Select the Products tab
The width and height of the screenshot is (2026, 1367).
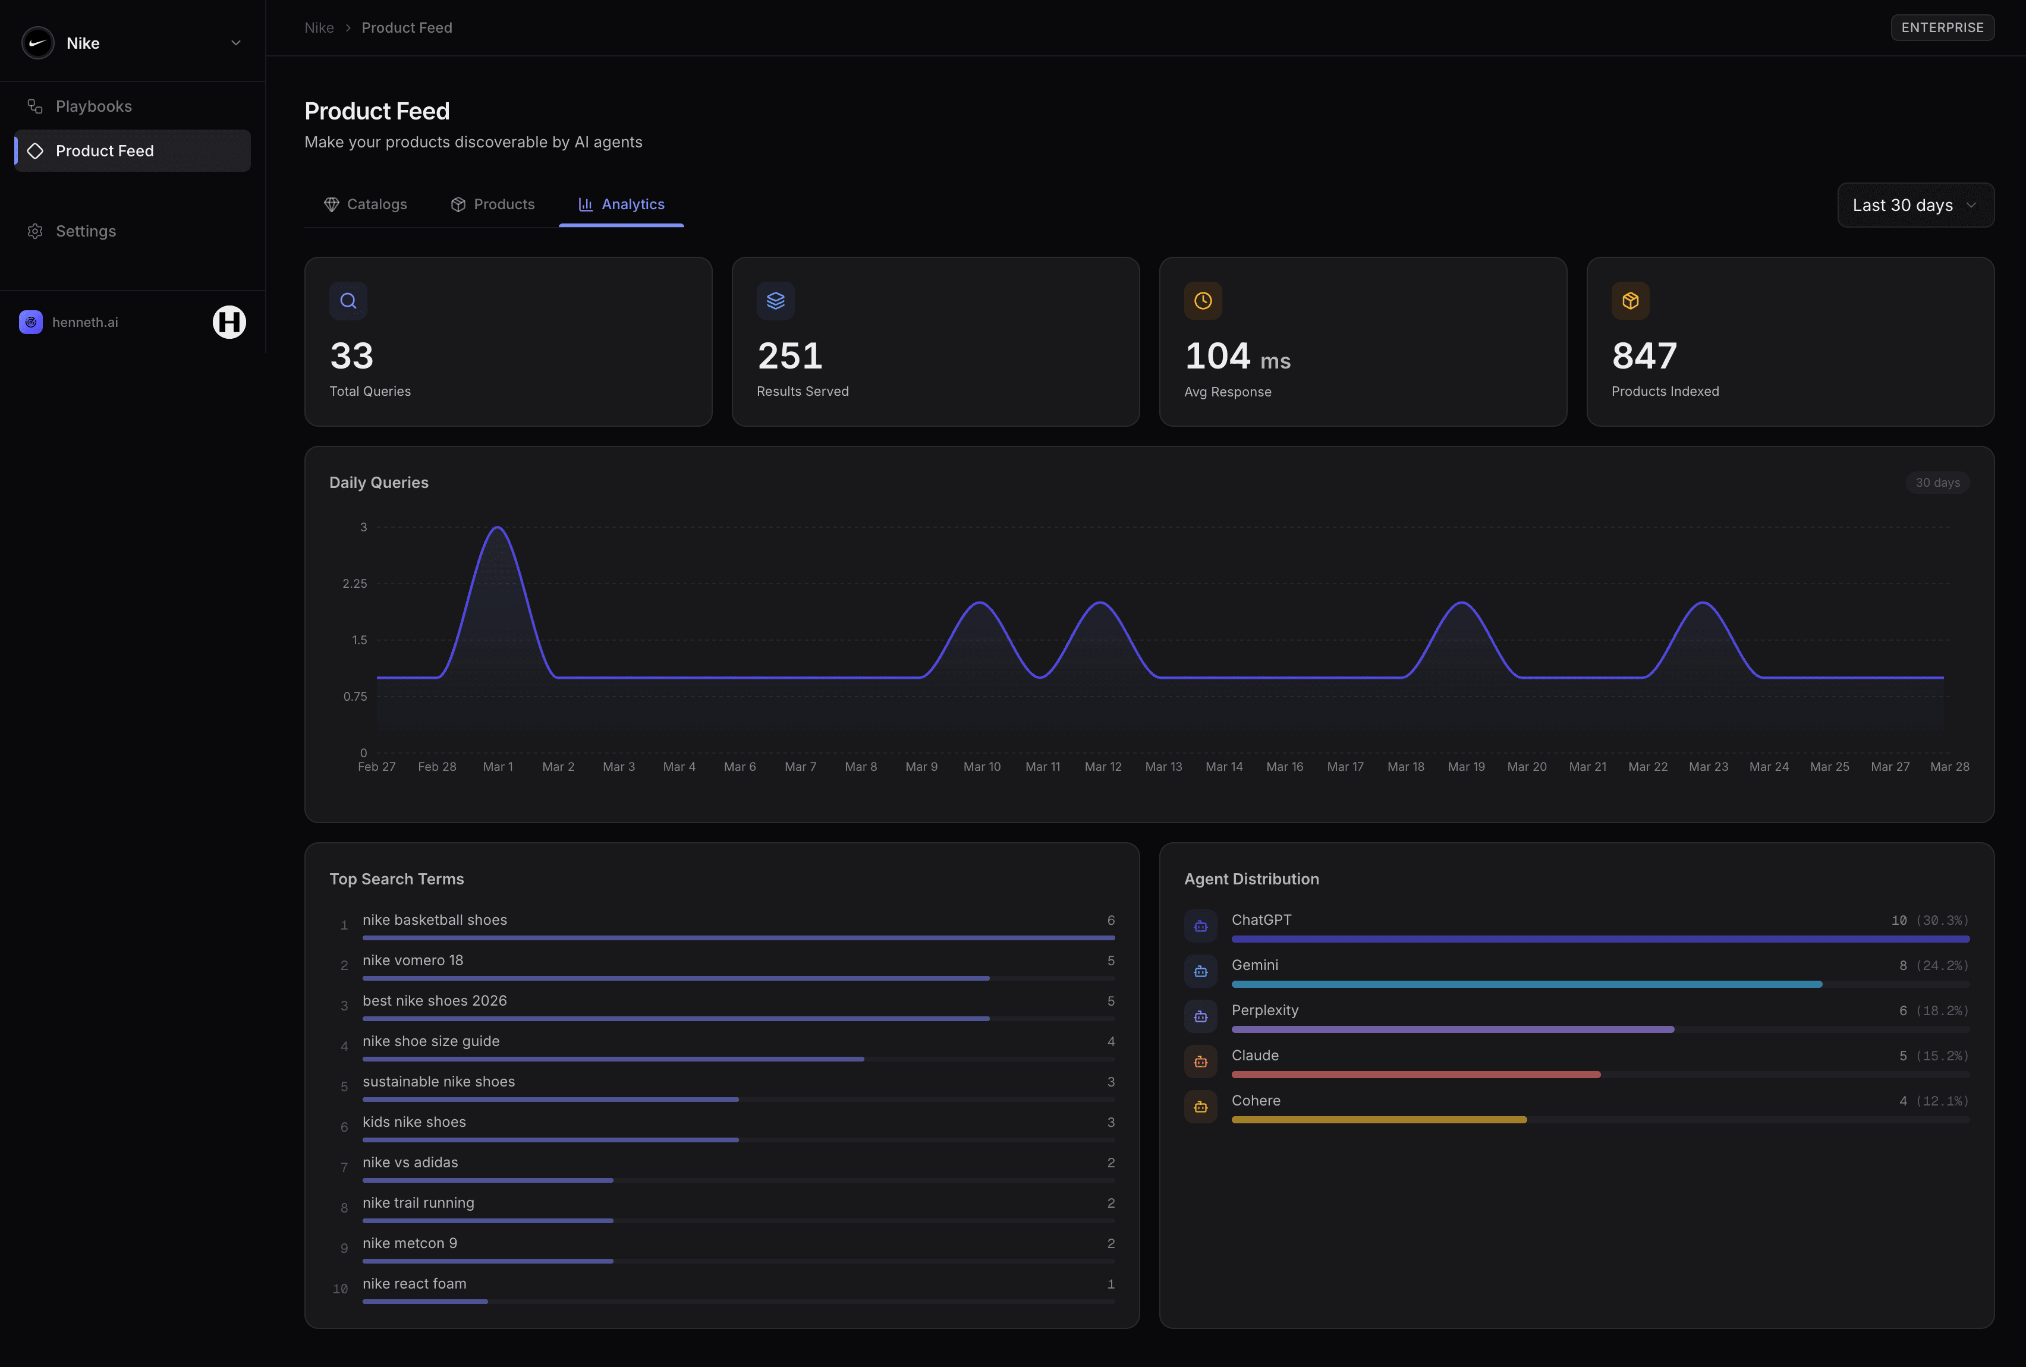[x=493, y=204]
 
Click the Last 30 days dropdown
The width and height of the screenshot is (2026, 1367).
[x=1914, y=205]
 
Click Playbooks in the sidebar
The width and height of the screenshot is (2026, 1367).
[x=93, y=106]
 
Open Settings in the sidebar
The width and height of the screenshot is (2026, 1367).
[x=86, y=231]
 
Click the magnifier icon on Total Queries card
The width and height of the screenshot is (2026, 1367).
[x=348, y=301]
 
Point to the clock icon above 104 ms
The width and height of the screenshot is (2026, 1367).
[x=1202, y=301]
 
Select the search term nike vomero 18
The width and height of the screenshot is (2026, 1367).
[x=413, y=960]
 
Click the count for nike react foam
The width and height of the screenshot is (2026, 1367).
[x=1110, y=1283]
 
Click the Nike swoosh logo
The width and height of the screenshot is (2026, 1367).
[x=37, y=43]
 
